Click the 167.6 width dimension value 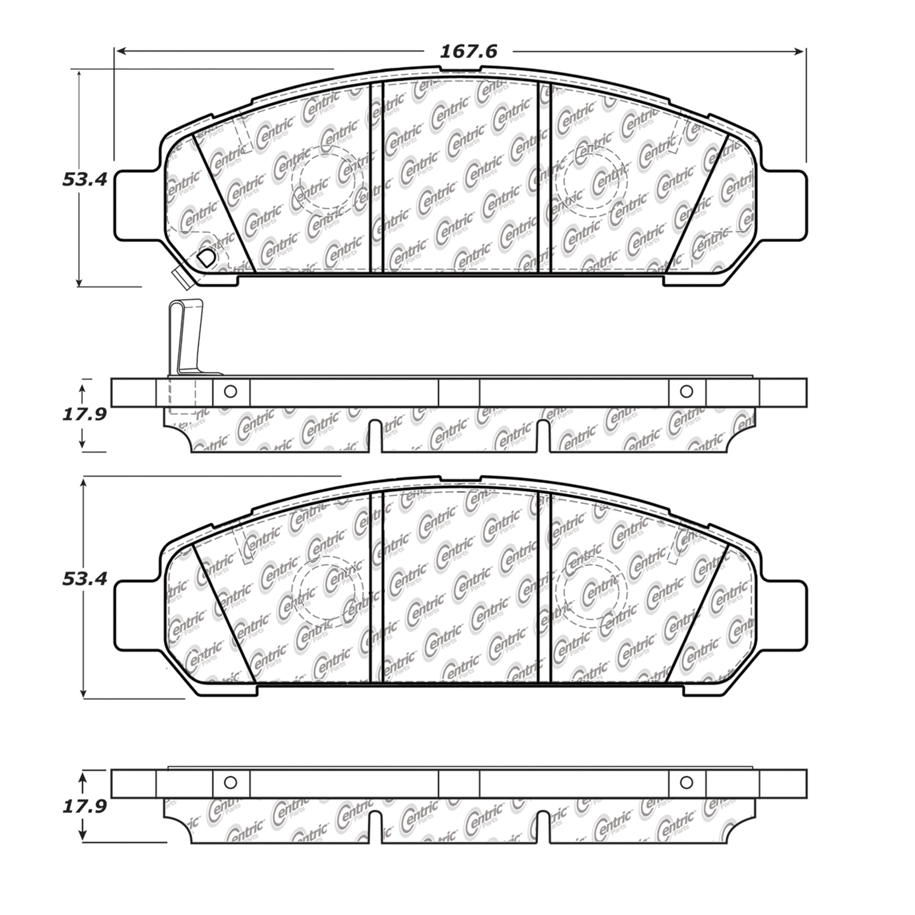point(469,51)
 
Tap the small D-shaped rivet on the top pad point(206,257)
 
